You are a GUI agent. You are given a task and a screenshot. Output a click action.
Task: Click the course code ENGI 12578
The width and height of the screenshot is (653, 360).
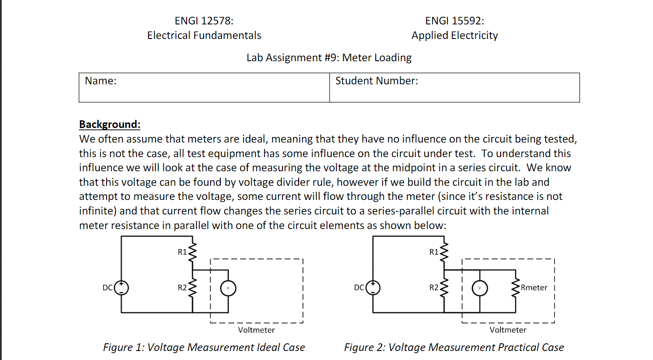(204, 21)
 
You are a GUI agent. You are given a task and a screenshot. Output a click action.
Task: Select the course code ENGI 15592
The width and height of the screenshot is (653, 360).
(454, 21)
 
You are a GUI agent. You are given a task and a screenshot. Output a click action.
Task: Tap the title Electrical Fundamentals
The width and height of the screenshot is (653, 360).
(204, 36)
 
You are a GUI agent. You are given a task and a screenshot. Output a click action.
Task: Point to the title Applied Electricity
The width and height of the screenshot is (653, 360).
(454, 36)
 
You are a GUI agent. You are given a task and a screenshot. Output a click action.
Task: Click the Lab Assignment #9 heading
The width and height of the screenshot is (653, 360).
(329, 58)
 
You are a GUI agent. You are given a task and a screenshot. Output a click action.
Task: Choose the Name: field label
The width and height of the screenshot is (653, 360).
(101, 81)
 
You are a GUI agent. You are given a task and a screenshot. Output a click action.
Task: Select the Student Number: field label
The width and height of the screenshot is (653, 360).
(377, 81)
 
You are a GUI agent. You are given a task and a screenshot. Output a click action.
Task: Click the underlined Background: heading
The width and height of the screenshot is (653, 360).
(110, 125)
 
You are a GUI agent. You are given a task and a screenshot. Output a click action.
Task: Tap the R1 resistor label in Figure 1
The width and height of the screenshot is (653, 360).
(182, 252)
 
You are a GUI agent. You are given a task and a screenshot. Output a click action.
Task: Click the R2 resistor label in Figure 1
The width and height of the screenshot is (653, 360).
(182, 288)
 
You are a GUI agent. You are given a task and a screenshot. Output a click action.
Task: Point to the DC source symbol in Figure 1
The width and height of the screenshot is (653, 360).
(121, 288)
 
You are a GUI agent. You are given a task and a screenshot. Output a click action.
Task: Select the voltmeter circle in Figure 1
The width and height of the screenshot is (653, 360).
(228, 288)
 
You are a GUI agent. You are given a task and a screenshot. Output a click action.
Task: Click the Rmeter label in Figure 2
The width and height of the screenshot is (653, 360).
(534, 288)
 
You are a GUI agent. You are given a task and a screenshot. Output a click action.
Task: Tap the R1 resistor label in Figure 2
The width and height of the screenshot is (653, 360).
(434, 252)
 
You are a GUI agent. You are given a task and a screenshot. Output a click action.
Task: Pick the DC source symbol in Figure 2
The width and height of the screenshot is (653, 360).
(373, 288)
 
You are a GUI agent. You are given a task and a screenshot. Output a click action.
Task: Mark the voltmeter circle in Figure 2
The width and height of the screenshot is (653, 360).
(480, 288)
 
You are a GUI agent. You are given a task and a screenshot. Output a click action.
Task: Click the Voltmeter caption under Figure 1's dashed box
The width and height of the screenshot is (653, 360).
(256, 330)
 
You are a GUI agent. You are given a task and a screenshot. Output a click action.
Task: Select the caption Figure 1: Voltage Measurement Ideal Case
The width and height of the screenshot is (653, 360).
(204, 348)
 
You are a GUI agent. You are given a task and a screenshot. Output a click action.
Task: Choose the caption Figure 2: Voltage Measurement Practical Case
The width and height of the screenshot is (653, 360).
(454, 348)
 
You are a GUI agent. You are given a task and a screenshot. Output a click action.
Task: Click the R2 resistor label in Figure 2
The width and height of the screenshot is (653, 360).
(434, 288)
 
